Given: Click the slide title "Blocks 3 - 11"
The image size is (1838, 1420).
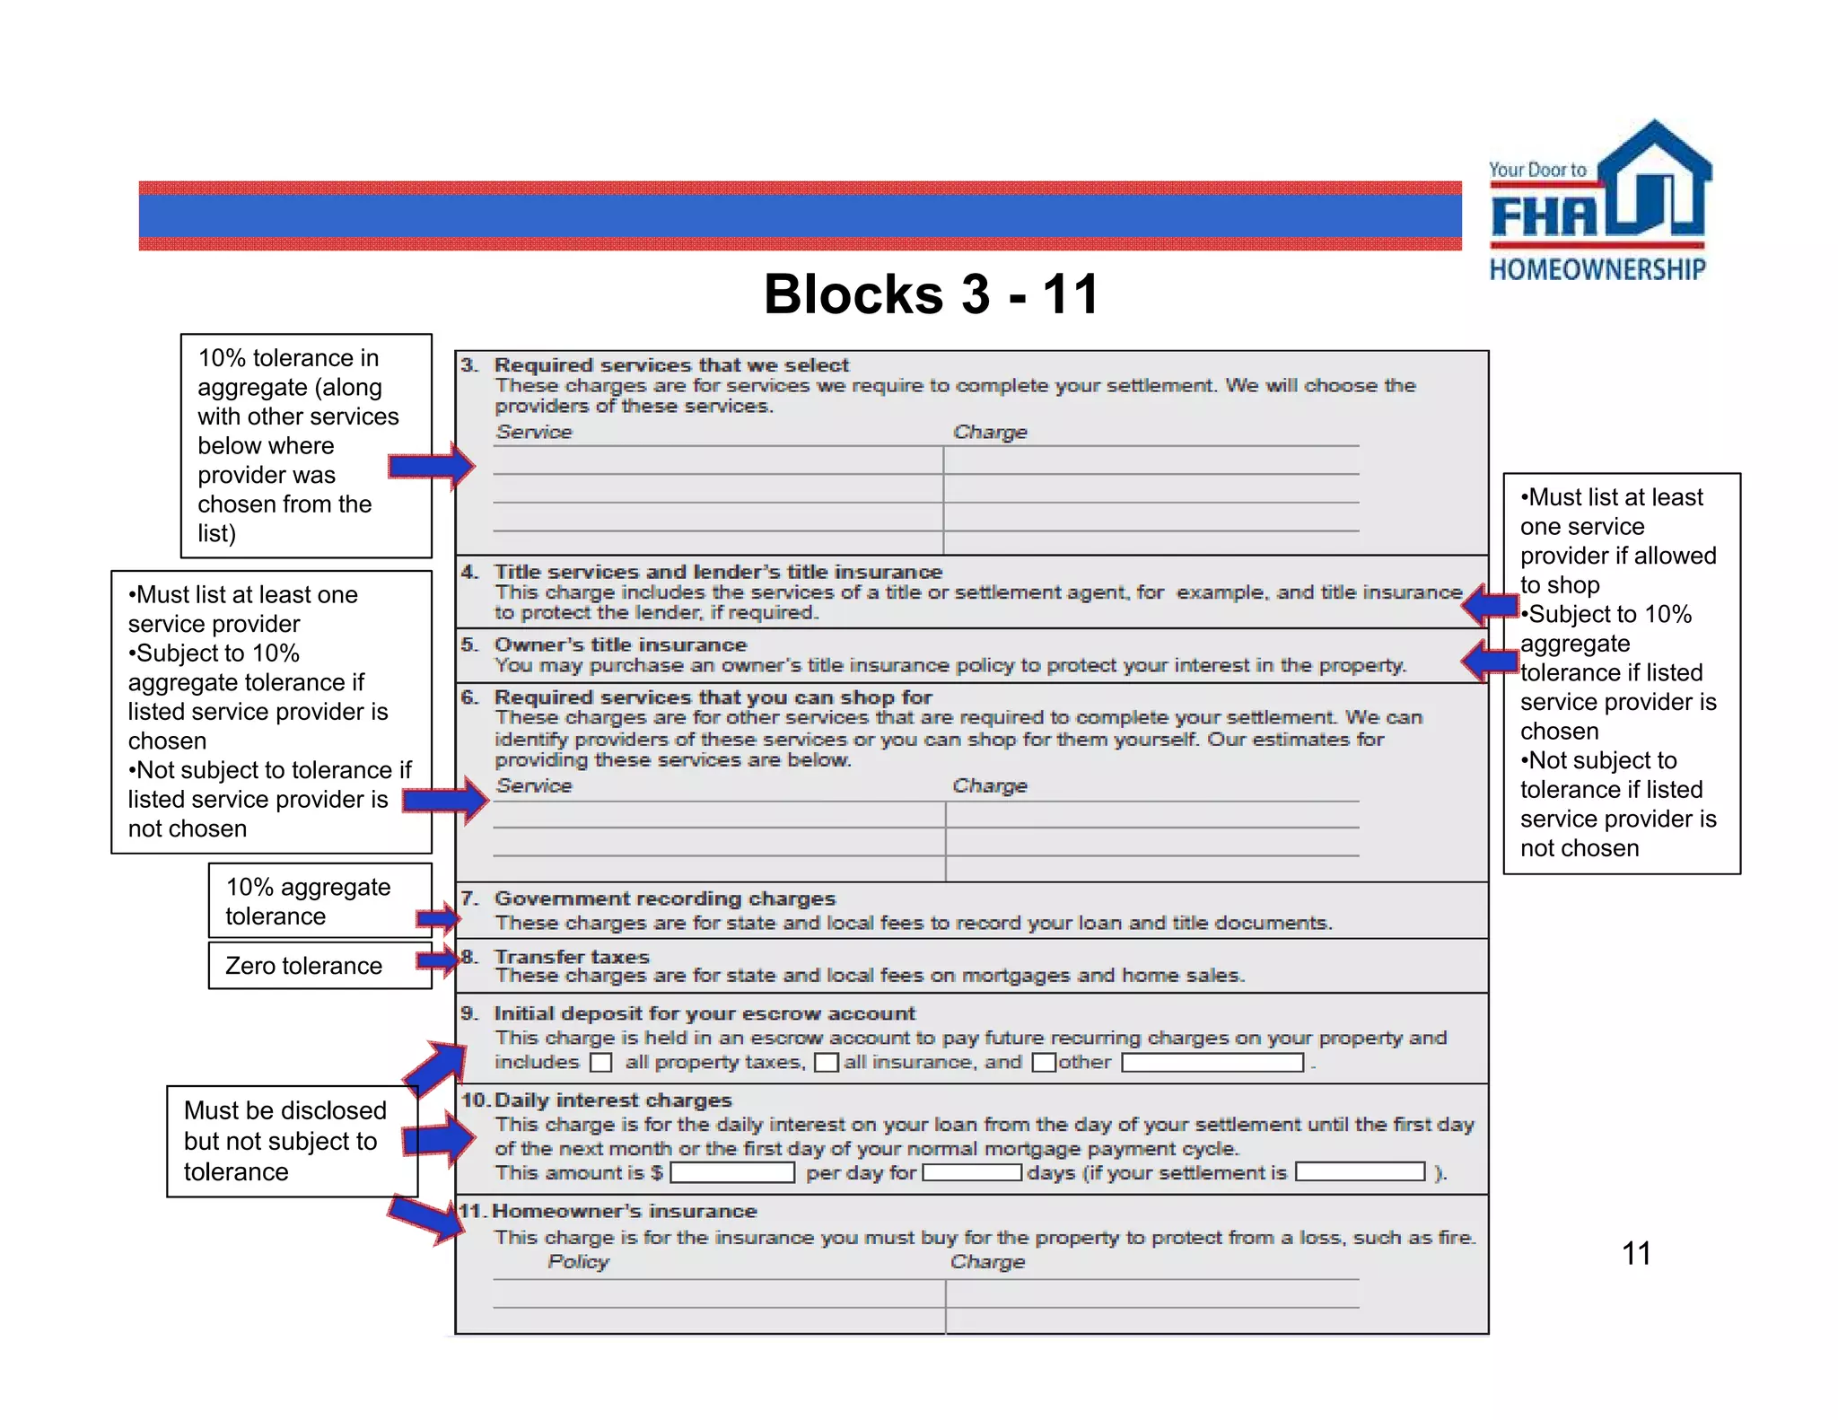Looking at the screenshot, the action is coord(931,294).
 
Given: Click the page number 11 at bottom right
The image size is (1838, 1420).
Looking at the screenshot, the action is coord(1636,1253).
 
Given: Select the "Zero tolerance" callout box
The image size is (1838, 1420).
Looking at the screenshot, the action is coord(319,965).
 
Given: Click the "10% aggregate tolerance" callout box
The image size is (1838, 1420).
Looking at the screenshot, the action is coord(319,900).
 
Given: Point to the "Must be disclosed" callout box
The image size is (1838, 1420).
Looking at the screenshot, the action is coord(292,1141).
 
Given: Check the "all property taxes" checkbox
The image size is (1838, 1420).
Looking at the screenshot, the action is coord(600,1063).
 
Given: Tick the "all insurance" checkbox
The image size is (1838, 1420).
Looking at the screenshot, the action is coord(826,1063).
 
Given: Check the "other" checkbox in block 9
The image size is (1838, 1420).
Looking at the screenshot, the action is coord(1043,1063).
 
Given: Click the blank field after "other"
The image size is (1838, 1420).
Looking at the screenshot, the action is coord(1212,1063).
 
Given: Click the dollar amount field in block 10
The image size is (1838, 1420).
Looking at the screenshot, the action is coord(732,1172).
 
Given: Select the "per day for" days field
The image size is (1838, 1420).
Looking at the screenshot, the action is coord(972,1172).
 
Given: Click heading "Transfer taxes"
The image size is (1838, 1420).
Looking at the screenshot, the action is coord(572,957).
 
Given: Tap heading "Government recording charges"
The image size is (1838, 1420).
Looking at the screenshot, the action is coord(664,898).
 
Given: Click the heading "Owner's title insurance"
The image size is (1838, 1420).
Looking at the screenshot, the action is coord(620,644).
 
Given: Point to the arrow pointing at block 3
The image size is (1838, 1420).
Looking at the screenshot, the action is coord(432,465).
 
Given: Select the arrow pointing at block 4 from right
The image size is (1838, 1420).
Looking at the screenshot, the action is coord(1489,605).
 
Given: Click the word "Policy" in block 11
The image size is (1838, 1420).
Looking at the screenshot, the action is coord(578,1262).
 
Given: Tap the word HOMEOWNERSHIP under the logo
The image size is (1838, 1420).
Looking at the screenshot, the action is coord(1597,269).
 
